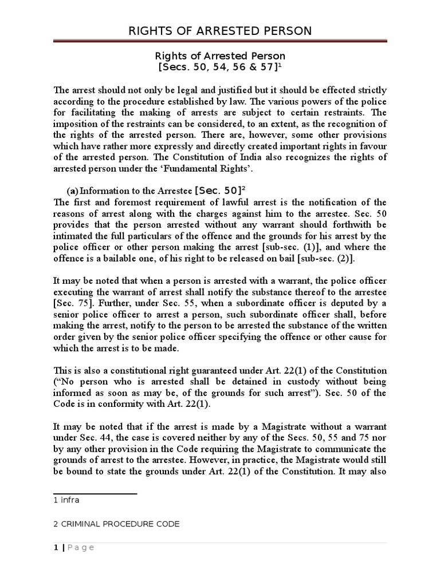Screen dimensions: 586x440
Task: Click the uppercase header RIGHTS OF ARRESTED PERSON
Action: [220, 30]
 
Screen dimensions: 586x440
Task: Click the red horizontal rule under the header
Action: [220, 41]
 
